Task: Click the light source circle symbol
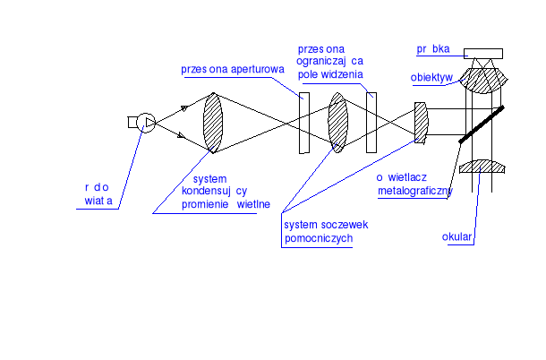[x=146, y=123]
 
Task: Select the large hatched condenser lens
[x=213, y=123]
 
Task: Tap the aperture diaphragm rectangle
[x=303, y=122]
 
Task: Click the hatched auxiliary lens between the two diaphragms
[x=337, y=123]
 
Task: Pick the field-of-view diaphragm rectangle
[x=371, y=122]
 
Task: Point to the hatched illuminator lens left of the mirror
[x=421, y=123]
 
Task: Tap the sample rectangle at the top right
[x=482, y=52]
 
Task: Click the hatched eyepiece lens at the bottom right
[x=482, y=167]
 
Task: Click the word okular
[x=457, y=238]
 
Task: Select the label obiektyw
[x=433, y=77]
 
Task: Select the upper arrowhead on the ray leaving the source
[x=184, y=107]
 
